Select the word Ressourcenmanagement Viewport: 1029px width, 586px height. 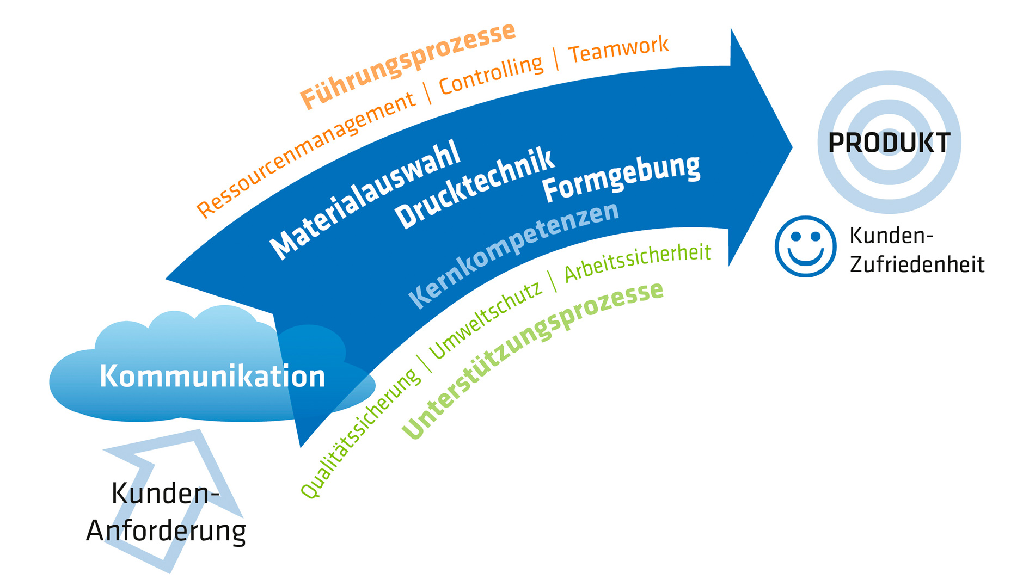pos(305,155)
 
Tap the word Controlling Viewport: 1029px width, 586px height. pos(491,75)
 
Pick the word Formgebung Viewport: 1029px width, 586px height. pos(621,177)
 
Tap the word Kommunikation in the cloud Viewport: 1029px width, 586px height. pos(212,377)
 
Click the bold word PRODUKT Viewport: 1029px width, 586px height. pos(889,143)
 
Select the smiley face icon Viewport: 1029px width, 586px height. pos(805,246)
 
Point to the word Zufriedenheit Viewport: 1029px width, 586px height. pos(917,264)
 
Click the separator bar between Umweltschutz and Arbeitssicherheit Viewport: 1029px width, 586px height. pos(553,281)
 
